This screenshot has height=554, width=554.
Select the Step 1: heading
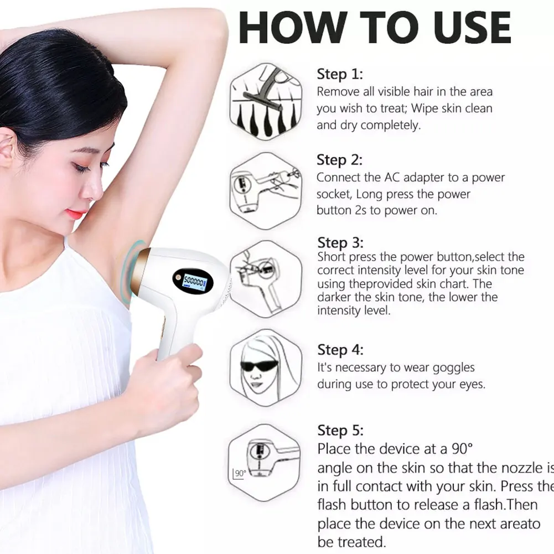(340, 74)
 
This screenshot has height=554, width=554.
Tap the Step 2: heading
(340, 160)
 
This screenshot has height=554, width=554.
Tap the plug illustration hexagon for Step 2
(266, 190)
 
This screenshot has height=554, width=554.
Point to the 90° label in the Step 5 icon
(240, 473)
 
